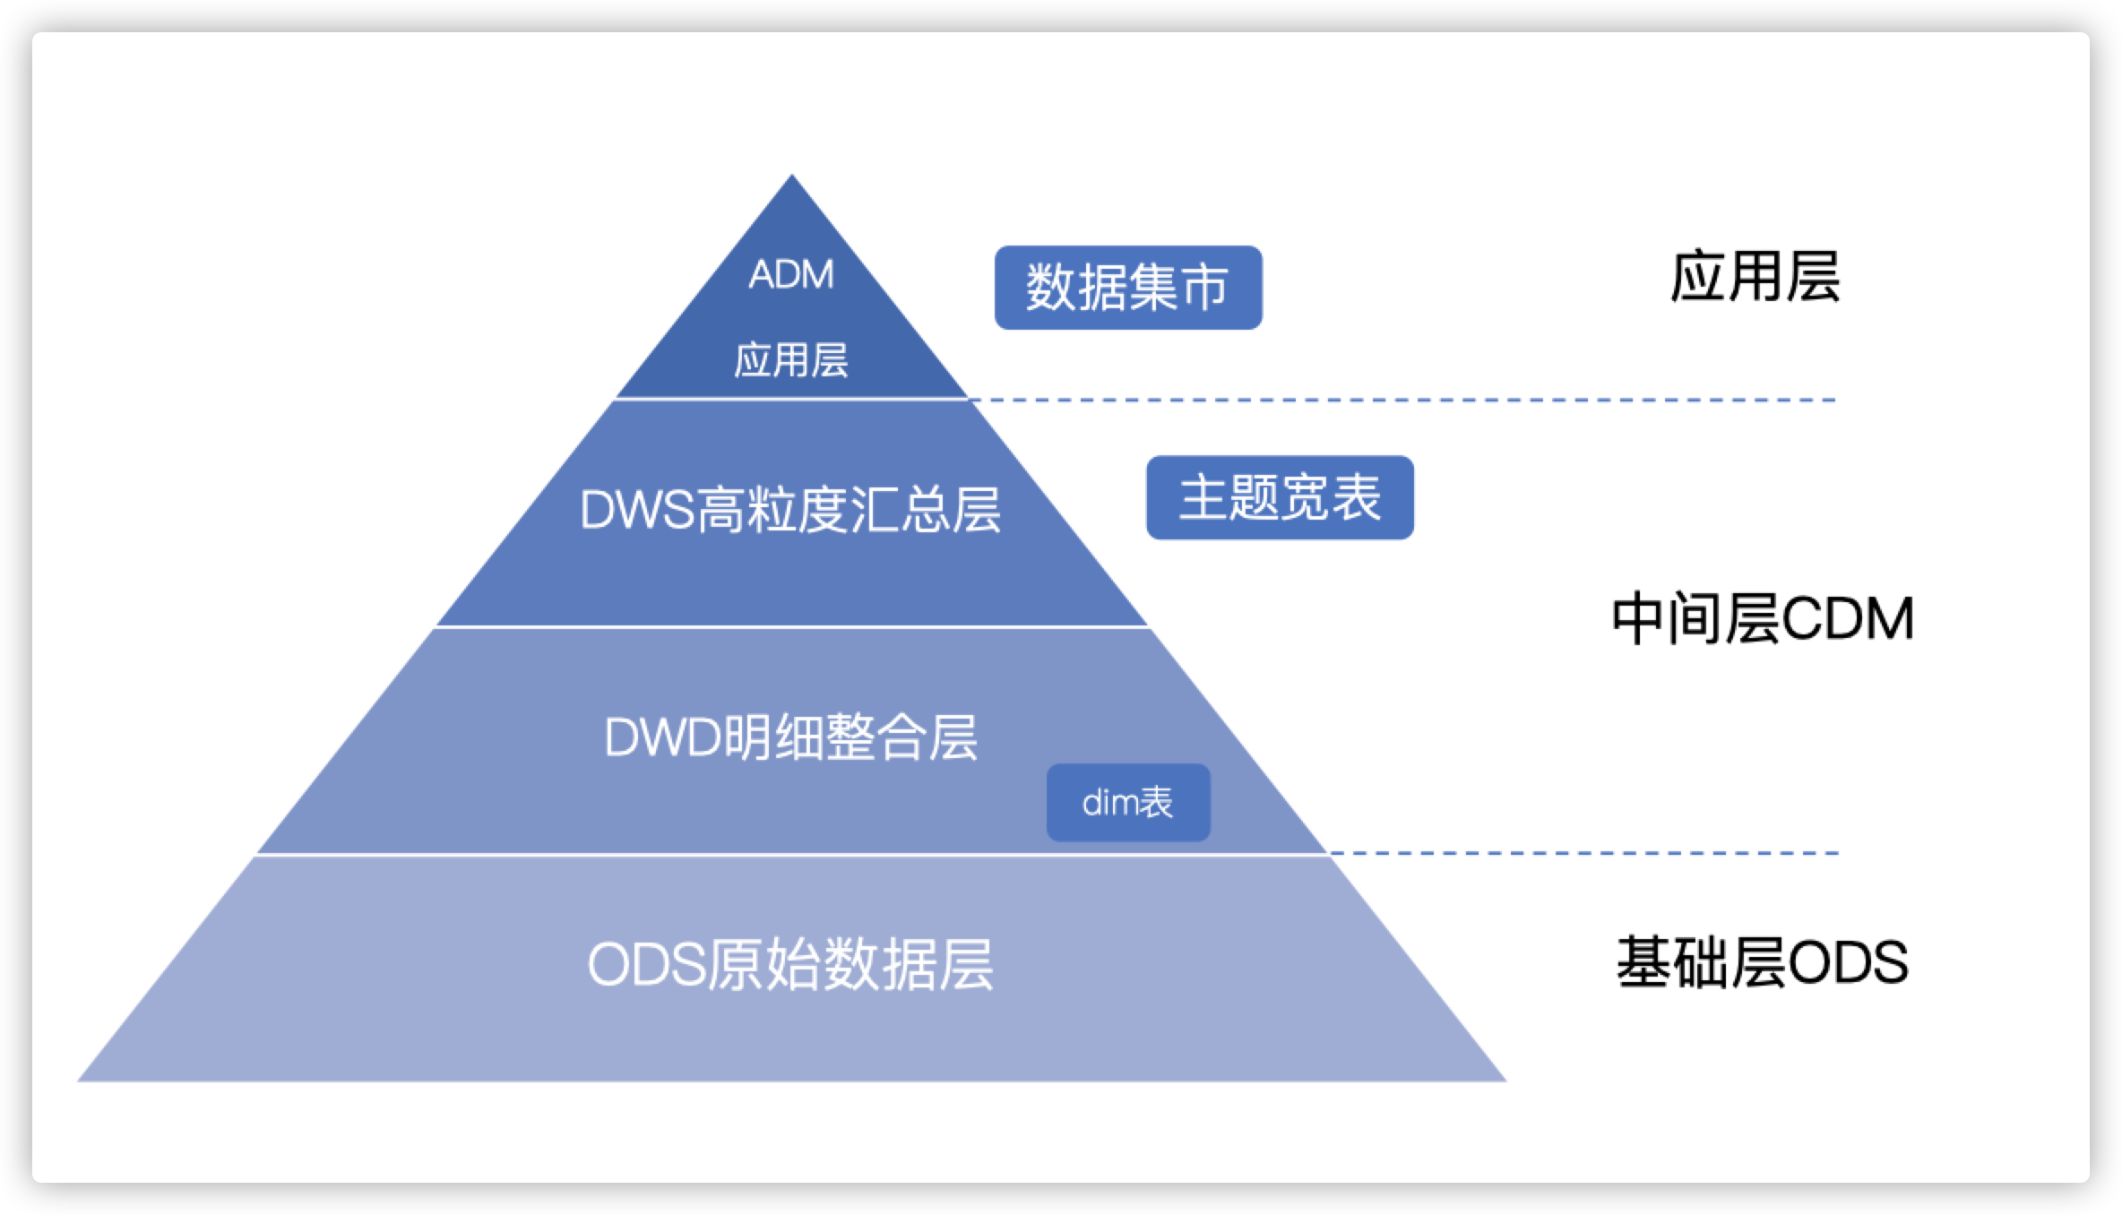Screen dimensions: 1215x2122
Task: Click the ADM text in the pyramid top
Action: (791, 274)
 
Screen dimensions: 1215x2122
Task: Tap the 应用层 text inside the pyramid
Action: (791, 360)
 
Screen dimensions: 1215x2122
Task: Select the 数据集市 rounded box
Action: (1127, 288)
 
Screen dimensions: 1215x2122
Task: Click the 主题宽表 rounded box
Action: (1280, 498)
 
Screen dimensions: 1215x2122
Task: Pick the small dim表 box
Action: (1128, 803)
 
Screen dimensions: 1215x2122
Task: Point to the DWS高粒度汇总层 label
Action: (790, 511)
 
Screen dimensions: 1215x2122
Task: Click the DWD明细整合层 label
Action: (790, 737)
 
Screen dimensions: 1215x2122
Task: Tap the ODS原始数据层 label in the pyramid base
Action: (790, 965)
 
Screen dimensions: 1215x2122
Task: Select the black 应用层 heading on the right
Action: (1754, 276)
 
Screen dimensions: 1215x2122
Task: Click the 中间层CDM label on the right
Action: (1762, 619)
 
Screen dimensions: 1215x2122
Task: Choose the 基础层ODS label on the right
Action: (1762, 963)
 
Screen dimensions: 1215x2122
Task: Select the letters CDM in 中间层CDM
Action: (1848, 619)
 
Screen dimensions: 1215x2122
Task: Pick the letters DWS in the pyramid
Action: (636, 512)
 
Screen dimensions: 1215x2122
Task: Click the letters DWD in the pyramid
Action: (663, 738)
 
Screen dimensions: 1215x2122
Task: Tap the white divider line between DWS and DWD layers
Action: (792, 626)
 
